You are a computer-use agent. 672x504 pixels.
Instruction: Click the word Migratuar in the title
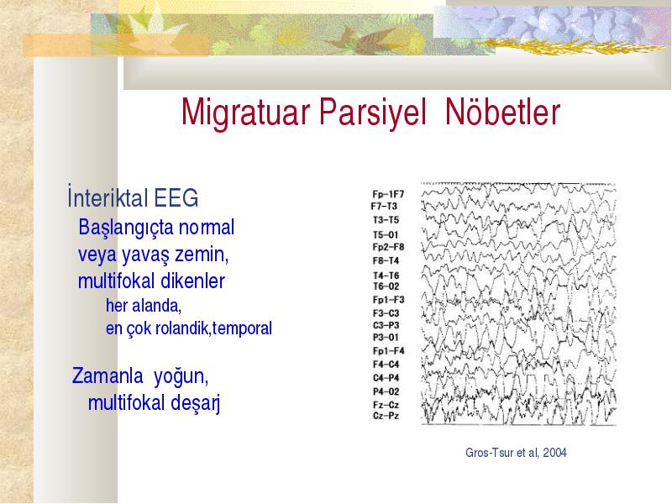245,112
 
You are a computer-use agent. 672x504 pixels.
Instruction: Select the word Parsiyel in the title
372,112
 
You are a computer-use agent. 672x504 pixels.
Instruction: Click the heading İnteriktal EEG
133,197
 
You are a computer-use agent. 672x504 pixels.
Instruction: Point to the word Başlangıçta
126,228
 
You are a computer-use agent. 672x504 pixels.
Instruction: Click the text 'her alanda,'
144,306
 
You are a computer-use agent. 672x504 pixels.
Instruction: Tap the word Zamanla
108,375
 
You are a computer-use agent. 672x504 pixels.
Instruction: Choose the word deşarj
196,403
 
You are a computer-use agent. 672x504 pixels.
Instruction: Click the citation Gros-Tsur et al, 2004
516,453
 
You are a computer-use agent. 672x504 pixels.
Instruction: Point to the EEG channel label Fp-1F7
388,194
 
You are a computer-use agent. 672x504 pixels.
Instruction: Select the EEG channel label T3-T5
386,220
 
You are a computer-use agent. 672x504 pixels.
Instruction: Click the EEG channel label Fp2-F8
388,247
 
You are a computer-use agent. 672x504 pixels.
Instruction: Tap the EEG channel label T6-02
386,286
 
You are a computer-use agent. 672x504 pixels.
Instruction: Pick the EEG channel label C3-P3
386,325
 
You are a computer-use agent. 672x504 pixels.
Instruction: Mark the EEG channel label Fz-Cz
386,405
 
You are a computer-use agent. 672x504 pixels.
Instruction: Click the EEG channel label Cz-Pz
386,416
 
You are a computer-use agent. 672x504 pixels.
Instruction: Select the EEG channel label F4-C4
386,365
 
